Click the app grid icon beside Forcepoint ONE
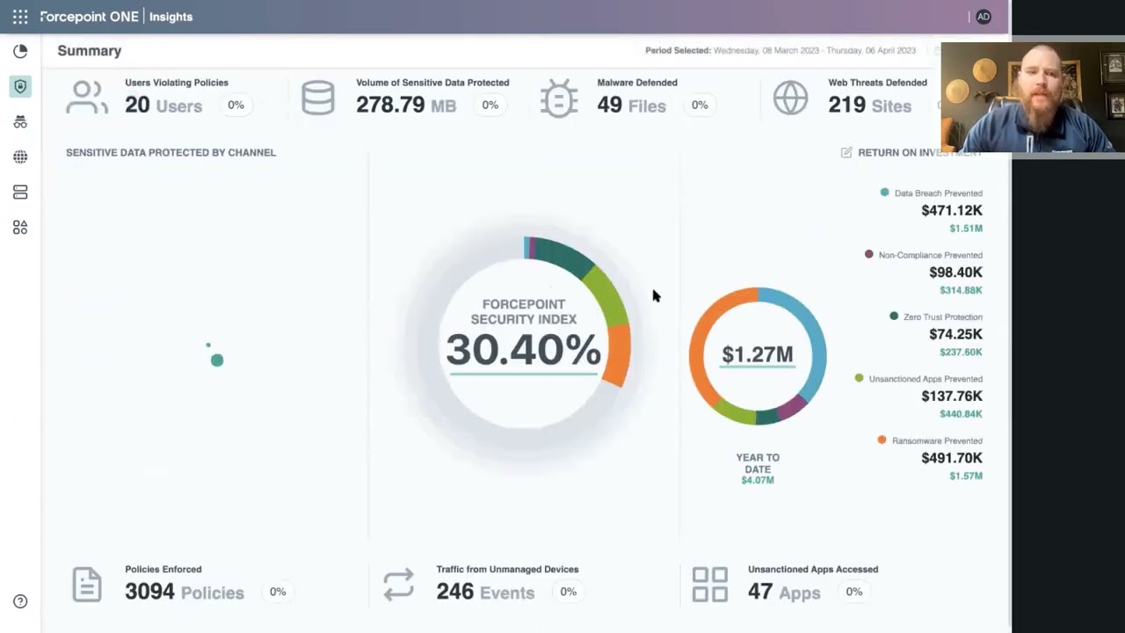pos(20,17)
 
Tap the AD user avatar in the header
pos(983,17)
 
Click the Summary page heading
pos(90,51)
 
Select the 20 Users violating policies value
pos(137,105)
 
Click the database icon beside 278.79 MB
pos(317,98)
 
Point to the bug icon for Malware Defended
pos(559,98)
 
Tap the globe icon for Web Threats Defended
pos(790,98)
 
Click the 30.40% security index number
pos(523,350)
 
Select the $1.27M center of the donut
pos(757,354)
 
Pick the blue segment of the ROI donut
pos(812,338)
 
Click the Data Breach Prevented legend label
pos(938,193)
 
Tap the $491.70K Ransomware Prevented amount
pos(952,458)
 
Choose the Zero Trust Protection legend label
pos(942,316)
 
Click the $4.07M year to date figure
pos(757,480)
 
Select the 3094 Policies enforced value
pos(149,592)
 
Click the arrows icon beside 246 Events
pos(398,585)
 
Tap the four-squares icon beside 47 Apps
pos(709,585)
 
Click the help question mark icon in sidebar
pos(20,601)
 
